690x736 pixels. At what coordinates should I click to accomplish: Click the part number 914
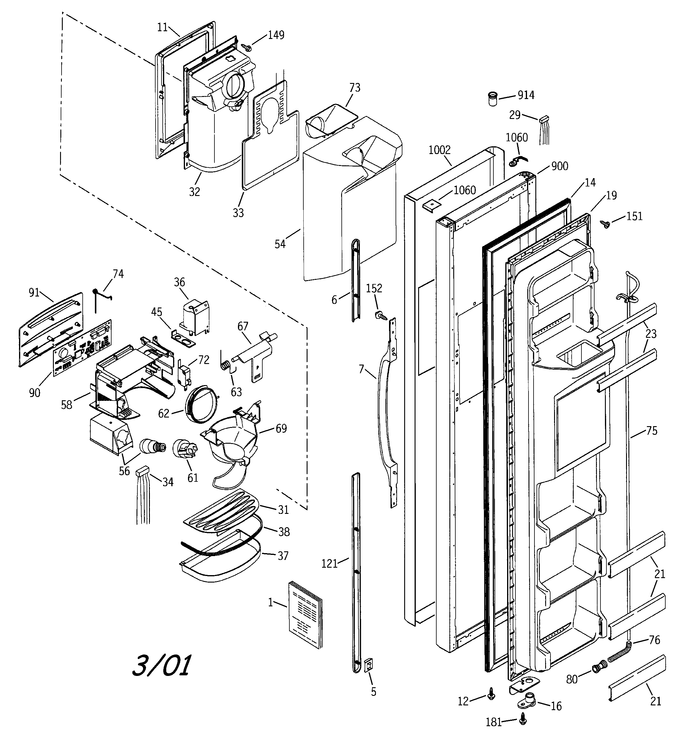526,95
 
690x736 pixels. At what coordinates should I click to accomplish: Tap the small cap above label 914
492,99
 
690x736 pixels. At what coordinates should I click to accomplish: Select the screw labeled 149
247,47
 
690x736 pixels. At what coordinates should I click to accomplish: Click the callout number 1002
439,150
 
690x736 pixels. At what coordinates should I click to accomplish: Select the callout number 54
280,244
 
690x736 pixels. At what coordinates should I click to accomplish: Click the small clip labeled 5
369,665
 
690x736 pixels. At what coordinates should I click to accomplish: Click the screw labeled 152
380,316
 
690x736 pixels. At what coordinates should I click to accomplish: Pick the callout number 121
329,564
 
